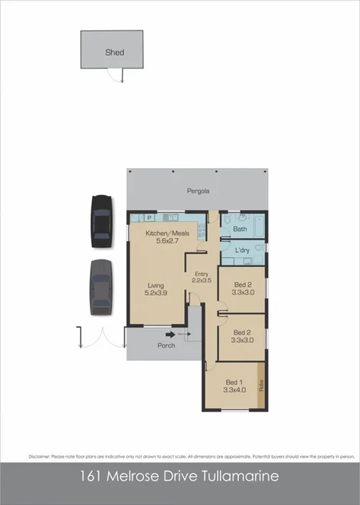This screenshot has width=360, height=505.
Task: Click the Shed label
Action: pyautogui.click(x=114, y=53)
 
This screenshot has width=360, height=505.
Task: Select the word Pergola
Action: pyautogui.click(x=199, y=192)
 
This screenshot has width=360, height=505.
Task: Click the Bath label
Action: pyautogui.click(x=240, y=229)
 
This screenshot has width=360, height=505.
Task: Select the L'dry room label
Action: pyautogui.click(x=243, y=250)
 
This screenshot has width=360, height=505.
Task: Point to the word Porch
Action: pyautogui.click(x=166, y=345)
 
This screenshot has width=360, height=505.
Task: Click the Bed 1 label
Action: pyautogui.click(x=234, y=383)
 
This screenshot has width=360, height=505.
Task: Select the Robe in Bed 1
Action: pyautogui.click(x=260, y=384)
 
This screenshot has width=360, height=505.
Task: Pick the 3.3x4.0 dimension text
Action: pyautogui.click(x=234, y=391)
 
